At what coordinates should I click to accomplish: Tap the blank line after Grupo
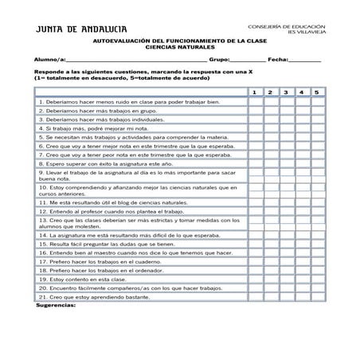(x=248, y=61)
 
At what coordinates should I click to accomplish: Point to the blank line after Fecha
(x=305, y=61)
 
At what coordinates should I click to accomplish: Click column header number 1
(x=254, y=92)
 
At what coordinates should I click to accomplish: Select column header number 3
(x=286, y=92)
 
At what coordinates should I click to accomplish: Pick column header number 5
(x=317, y=92)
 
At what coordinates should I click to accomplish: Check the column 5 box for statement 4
(x=317, y=128)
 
